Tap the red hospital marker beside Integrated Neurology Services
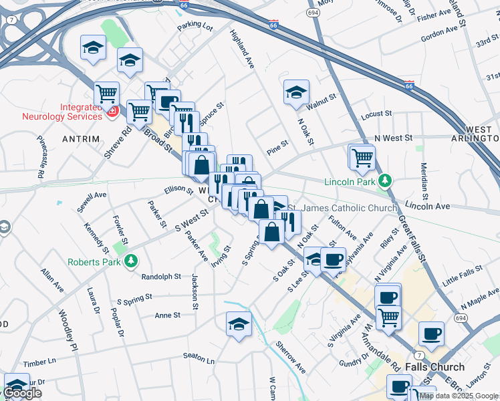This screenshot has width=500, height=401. (x=113, y=111)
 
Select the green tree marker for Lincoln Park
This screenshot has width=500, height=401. (x=384, y=180)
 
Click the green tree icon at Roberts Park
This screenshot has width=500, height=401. (x=132, y=260)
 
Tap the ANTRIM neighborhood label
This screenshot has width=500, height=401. (x=80, y=139)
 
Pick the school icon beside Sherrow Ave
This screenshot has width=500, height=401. (x=239, y=324)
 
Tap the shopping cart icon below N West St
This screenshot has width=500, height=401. (x=362, y=158)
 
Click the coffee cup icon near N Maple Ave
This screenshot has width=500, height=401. (x=431, y=333)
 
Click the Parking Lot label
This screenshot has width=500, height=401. (x=195, y=27)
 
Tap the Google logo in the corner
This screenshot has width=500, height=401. (x=23, y=393)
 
